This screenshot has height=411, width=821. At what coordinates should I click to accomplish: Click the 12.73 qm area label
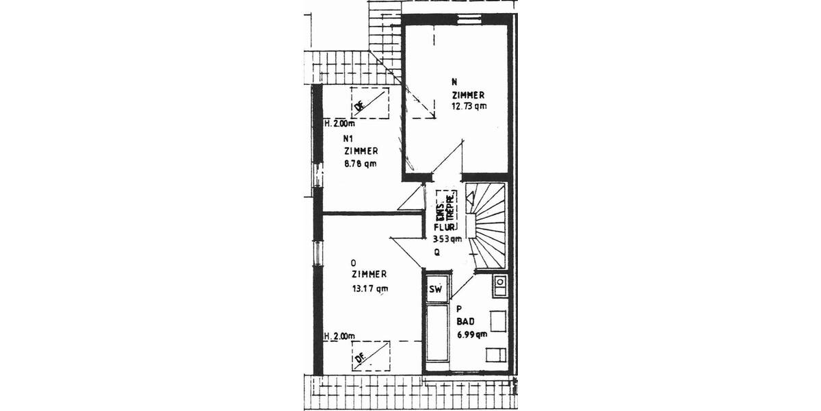(x=469, y=106)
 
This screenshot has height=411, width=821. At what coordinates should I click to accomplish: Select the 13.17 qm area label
(x=369, y=288)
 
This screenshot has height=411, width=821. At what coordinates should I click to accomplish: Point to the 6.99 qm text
(x=472, y=334)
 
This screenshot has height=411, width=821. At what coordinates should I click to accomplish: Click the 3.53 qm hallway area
(x=447, y=239)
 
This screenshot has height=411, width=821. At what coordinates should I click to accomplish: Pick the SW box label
(x=435, y=289)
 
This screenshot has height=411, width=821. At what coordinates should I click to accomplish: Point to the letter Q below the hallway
(x=436, y=251)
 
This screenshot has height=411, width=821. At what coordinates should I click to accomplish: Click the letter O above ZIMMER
(x=353, y=262)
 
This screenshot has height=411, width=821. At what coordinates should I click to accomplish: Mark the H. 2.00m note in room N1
(x=340, y=124)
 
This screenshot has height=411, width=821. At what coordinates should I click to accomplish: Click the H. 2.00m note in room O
(x=340, y=336)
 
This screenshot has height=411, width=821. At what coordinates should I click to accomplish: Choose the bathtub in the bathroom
(x=435, y=336)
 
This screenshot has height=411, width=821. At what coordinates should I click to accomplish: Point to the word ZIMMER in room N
(x=469, y=95)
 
